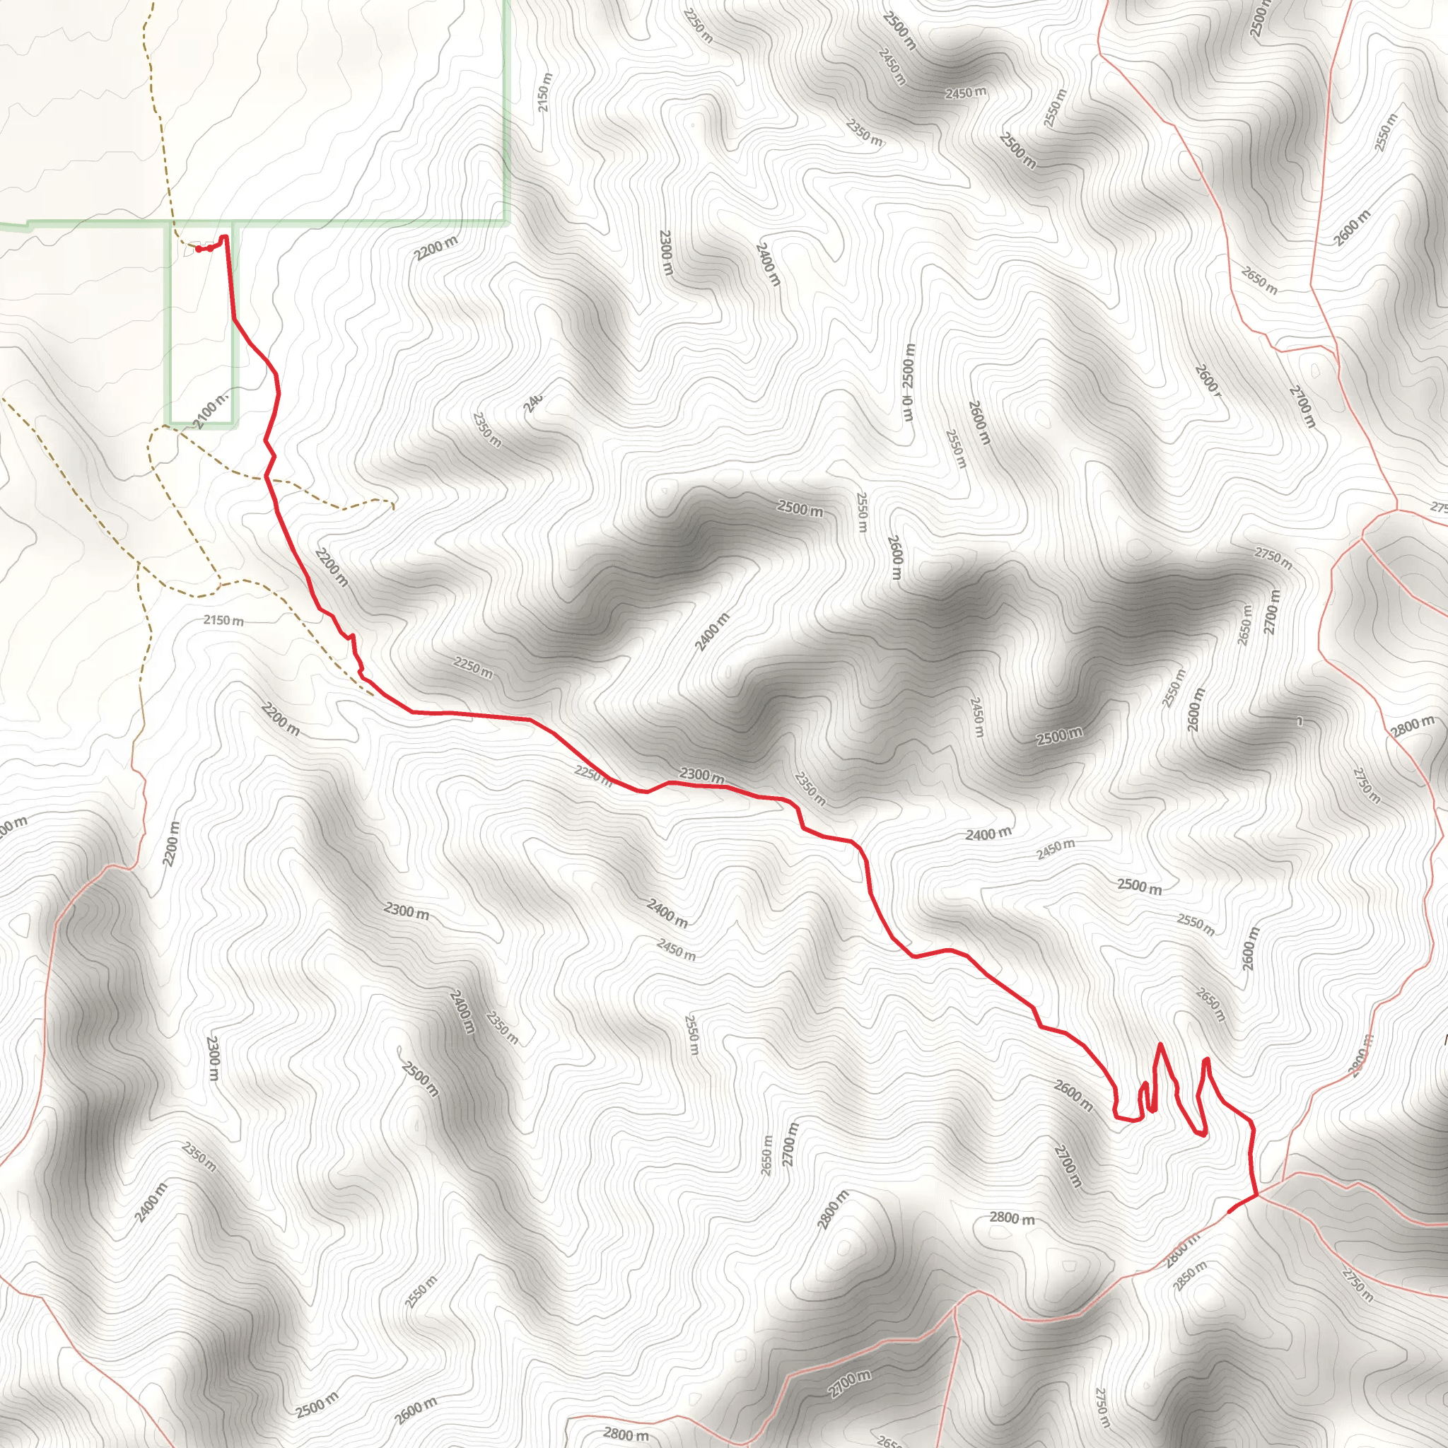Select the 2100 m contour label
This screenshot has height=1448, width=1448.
pyautogui.click(x=211, y=410)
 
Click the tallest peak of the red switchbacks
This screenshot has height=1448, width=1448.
pyautogui.click(x=1160, y=1044)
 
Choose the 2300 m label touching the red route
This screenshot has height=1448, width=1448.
pyautogui.click(x=701, y=774)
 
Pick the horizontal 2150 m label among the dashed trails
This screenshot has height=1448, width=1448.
pyautogui.click(x=223, y=621)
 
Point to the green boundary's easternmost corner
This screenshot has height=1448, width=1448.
pyautogui.click(x=508, y=222)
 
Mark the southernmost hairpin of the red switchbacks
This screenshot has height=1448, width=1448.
pyautogui.click(x=1202, y=1135)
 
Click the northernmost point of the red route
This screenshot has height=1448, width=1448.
pyautogui.click(x=224, y=237)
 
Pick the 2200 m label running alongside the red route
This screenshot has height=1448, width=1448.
pyautogui.click(x=332, y=567)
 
